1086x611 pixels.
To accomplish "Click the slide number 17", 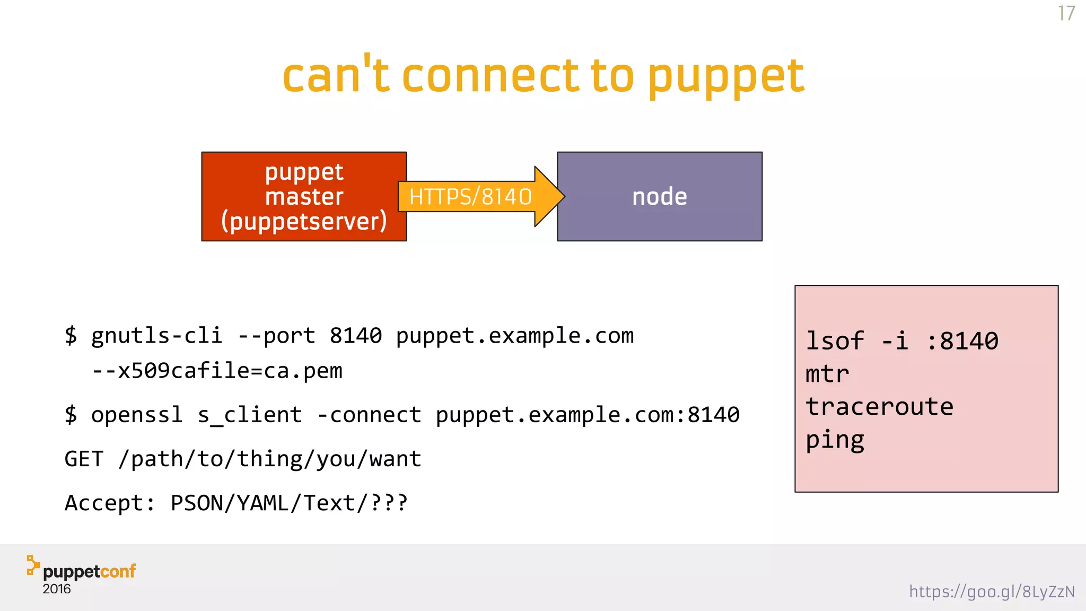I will [x=1066, y=13].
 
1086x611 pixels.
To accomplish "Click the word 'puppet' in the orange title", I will [x=725, y=77].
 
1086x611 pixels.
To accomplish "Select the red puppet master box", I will [x=304, y=197].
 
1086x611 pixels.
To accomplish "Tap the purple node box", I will [x=660, y=197].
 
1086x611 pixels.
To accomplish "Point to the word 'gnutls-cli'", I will [x=156, y=336].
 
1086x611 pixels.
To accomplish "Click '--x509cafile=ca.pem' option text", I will [x=217, y=371].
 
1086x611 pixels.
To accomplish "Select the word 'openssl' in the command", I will [x=137, y=415].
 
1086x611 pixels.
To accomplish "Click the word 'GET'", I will [x=84, y=459].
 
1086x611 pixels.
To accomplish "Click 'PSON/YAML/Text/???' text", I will [x=289, y=503].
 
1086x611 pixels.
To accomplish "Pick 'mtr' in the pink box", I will [x=827, y=374].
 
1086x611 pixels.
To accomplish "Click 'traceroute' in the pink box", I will [x=879, y=407].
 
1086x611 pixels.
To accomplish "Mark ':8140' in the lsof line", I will [x=962, y=341].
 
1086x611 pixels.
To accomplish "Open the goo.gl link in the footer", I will [x=992, y=591].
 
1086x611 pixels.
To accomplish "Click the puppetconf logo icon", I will [x=33, y=565].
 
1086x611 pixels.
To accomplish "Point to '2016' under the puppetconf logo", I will [x=57, y=589].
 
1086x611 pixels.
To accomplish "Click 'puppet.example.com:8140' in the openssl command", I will [x=588, y=415].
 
